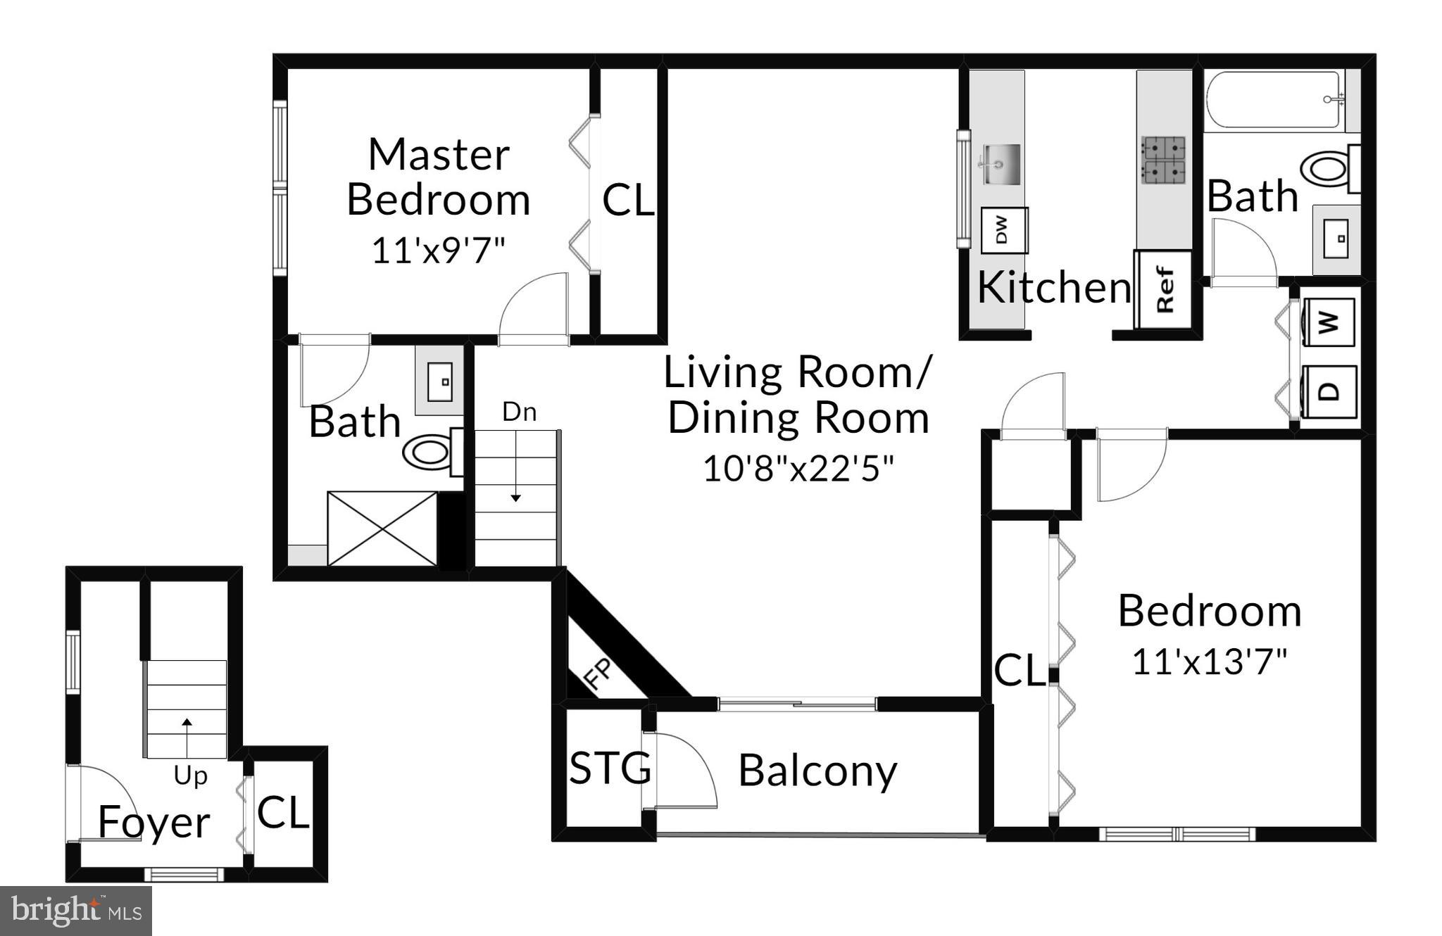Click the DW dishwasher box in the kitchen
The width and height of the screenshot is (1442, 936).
(x=1004, y=230)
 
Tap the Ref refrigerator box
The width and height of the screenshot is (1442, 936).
(x=1163, y=289)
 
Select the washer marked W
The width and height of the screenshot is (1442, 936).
(x=1328, y=323)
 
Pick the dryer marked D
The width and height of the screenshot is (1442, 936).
(x=1328, y=392)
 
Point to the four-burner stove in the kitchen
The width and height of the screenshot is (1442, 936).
(x=1164, y=160)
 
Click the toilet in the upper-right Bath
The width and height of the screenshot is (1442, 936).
(x=1331, y=169)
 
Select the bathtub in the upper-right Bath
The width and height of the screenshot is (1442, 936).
(x=1277, y=100)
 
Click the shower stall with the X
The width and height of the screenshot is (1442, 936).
(x=382, y=529)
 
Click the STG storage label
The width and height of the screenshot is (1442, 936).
(x=610, y=768)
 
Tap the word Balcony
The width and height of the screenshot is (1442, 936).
(x=817, y=771)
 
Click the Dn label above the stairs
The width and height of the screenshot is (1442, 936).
(x=520, y=412)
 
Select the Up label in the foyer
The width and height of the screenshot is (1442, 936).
(x=190, y=776)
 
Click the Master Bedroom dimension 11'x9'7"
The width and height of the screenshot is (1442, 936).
(x=438, y=250)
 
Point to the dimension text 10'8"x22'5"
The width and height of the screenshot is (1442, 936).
(x=798, y=468)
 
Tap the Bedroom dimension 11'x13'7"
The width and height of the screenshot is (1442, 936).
(x=1209, y=662)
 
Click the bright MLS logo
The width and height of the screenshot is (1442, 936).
(x=76, y=911)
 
